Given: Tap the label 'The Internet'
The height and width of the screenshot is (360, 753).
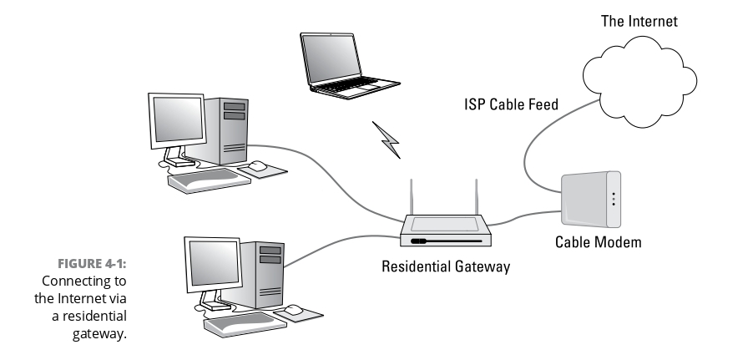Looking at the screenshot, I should pos(639,22).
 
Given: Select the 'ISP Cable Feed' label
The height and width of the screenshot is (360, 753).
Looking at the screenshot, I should pos(512,105).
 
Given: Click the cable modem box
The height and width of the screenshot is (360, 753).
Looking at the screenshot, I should pos(590,200).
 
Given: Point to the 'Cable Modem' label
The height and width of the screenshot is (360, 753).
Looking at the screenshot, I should pos(599,243).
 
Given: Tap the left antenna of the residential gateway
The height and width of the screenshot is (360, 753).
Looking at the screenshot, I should pos(412,198).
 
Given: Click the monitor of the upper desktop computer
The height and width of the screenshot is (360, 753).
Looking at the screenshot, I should pos(178,121).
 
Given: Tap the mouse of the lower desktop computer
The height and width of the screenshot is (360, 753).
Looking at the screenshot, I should pos(294,311).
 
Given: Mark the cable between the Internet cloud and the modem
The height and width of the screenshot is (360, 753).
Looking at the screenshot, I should pos(534,142).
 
